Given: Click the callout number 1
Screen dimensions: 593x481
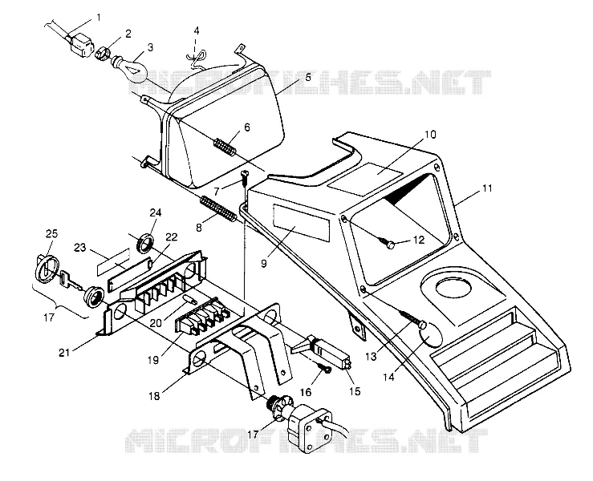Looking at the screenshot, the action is click(x=99, y=18).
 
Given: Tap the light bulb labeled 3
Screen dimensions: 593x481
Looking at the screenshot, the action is click(x=131, y=68).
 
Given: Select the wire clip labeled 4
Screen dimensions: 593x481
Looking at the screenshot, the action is click(x=197, y=59).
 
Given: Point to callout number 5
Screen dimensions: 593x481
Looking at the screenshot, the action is click(x=308, y=77).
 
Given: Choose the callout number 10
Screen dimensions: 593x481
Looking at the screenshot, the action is click(x=430, y=135).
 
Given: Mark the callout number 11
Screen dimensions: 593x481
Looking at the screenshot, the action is click(x=487, y=188).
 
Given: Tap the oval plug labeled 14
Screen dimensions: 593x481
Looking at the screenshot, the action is click(x=431, y=336).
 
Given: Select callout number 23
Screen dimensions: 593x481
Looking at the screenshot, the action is click(x=79, y=248).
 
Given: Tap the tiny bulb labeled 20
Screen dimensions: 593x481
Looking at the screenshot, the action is click(x=190, y=299).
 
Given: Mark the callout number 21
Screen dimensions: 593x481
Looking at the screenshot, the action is click(x=64, y=352).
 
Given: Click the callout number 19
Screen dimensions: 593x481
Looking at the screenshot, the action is click(x=153, y=360).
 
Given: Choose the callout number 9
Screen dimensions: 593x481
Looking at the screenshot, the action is click(x=263, y=263).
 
